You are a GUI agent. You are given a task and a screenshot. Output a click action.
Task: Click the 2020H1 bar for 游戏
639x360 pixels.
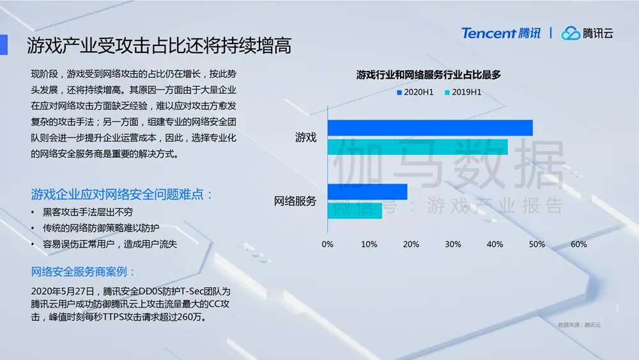tap(430, 128)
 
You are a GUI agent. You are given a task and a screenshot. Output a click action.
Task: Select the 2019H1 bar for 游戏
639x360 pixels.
tap(418, 147)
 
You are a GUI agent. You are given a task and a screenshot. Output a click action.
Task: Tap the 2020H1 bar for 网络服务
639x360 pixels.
tap(367, 192)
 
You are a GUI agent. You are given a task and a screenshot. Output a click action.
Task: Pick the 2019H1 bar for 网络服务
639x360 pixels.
tap(355, 210)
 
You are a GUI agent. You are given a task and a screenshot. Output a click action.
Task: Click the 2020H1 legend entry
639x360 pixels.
tap(415, 92)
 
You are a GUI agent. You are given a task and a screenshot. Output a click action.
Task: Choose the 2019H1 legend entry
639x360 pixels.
tap(463, 92)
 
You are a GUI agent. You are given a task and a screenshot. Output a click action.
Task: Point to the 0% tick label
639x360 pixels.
tap(327, 244)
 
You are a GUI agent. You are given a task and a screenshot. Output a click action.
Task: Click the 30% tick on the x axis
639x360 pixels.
tap(453, 244)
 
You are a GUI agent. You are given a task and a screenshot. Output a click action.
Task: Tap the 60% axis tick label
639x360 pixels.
tap(579, 244)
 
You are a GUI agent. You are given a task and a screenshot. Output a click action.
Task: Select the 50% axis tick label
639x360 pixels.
tap(537, 244)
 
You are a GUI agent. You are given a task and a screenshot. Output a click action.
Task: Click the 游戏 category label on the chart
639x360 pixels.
tap(305, 137)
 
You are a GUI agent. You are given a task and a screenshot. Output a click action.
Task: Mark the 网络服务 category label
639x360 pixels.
tap(295, 201)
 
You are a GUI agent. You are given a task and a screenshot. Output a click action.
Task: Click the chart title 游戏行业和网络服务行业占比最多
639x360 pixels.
tap(428, 75)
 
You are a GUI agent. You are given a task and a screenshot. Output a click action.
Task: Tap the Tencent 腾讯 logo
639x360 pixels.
tap(501, 33)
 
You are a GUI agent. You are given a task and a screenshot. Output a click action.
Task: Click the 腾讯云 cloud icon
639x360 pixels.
tap(571, 33)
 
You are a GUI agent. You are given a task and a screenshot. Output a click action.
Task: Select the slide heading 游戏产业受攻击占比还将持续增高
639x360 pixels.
tap(159, 45)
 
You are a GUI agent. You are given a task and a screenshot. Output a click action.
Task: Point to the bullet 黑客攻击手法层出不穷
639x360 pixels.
tap(88, 212)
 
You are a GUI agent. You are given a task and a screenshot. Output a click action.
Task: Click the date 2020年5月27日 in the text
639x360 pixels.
tap(63, 291)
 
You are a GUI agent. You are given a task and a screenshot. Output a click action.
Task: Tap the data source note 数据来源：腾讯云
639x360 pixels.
tap(579, 325)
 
